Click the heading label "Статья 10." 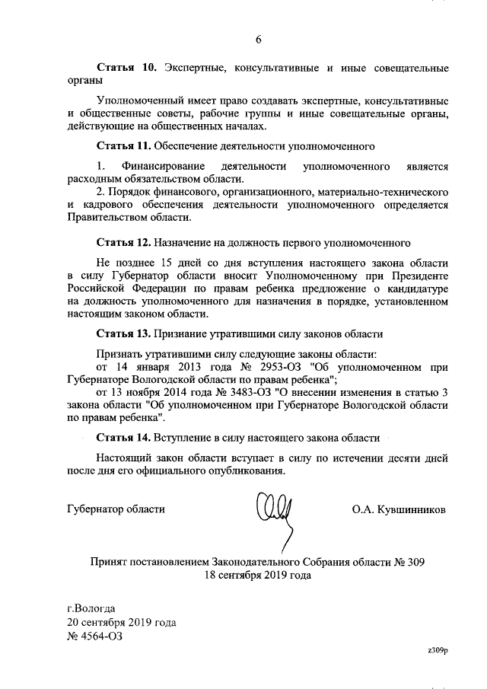(127, 69)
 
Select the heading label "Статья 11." (124, 144)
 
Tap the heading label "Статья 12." (124, 243)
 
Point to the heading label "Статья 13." (124, 333)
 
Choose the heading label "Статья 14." (124, 439)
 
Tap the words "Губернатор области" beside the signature (116, 509)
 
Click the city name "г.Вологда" (91, 608)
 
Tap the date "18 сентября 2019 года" (257, 576)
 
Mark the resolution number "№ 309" (409, 563)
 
